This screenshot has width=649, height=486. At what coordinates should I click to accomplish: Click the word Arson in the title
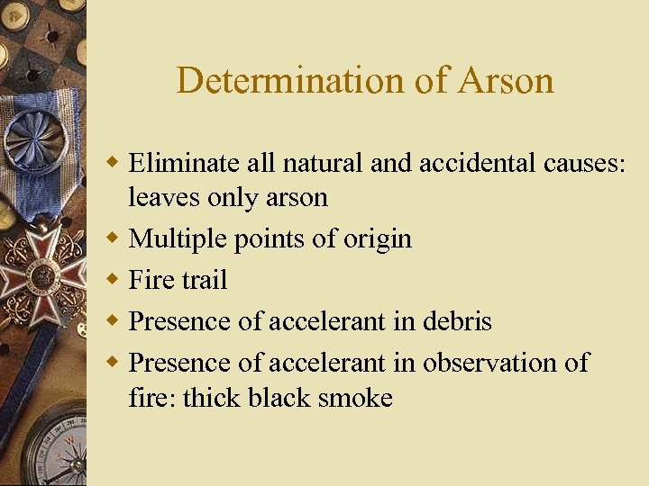click(x=506, y=81)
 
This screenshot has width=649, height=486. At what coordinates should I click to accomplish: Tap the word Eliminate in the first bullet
click(x=183, y=163)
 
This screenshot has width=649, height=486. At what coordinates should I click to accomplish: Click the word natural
click(x=328, y=163)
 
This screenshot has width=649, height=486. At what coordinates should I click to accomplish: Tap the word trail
click(x=202, y=280)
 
